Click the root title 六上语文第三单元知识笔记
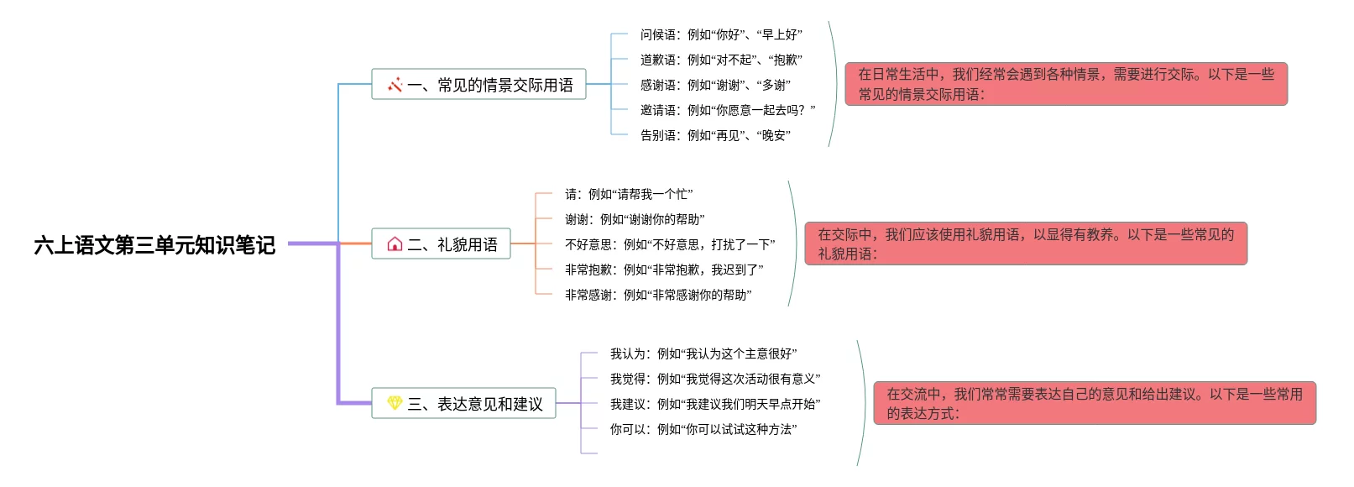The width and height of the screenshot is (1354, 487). (x=154, y=244)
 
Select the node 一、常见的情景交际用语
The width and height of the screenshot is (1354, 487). (x=478, y=85)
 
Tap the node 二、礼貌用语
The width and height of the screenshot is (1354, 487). (x=442, y=244)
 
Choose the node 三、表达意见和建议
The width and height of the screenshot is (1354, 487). (x=463, y=404)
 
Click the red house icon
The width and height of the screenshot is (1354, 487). (x=395, y=244)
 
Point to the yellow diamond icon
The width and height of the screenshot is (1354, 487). (x=395, y=404)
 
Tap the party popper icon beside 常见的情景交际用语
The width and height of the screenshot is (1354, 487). (x=395, y=85)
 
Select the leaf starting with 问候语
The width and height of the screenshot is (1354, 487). (x=721, y=34)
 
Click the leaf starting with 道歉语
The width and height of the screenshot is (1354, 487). (x=721, y=60)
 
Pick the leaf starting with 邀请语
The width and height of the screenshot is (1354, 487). (x=728, y=110)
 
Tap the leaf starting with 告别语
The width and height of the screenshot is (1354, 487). (x=715, y=135)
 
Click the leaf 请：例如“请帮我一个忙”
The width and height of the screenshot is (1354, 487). (x=629, y=194)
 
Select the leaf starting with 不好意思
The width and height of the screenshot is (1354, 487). (x=670, y=244)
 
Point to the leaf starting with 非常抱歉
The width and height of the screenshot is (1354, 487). (x=664, y=270)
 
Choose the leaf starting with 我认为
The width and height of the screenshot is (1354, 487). (x=703, y=353)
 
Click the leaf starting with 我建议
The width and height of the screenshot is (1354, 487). (x=715, y=404)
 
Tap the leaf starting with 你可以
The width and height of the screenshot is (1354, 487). (x=703, y=429)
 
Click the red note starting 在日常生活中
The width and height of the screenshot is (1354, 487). (x=1066, y=84)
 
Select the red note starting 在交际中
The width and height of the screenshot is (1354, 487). (x=1026, y=243)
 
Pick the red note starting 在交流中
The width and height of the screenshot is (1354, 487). (x=1095, y=403)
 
